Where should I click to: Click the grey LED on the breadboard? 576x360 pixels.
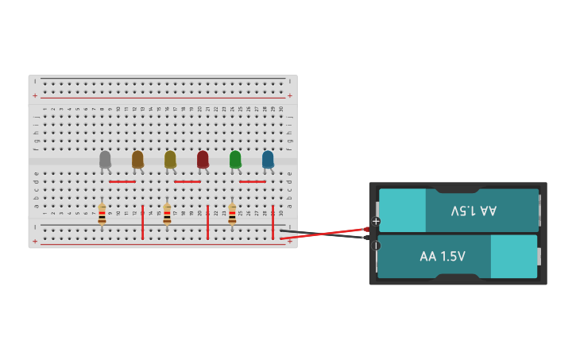pos(105,160)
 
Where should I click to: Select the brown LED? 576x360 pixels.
pos(137,160)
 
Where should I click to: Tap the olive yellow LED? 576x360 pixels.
pos(170,160)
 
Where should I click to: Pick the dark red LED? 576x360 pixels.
pos(203,160)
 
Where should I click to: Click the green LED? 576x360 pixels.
pos(235,160)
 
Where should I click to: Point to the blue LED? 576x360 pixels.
pos(268,160)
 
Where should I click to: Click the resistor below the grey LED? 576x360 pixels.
pos(102,214)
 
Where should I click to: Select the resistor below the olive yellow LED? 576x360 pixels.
pos(167,214)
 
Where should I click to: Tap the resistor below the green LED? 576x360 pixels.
pos(232,214)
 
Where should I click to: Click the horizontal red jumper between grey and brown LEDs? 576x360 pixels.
pos(122,182)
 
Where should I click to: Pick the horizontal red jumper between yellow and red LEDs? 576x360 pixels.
pos(187,182)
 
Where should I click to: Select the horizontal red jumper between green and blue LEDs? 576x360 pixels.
pos(252,182)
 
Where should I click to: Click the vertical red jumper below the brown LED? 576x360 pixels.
pos(142,223)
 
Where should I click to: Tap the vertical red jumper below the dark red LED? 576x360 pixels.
pos(207,223)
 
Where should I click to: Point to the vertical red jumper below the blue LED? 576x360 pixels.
pos(273,223)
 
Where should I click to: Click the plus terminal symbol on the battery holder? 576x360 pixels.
pos(376,221)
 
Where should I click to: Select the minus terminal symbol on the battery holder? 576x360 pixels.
pos(376,246)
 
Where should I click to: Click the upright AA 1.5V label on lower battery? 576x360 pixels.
pos(443,257)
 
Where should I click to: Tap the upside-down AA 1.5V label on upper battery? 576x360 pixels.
pos(474,211)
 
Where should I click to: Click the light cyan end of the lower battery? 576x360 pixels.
pos(513,257)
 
